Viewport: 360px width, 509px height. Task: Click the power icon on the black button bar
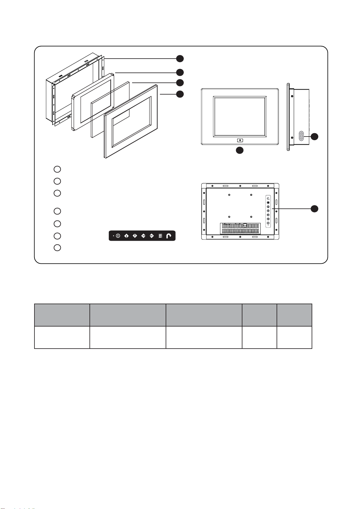point(118,236)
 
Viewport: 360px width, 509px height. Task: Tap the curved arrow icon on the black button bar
point(169,236)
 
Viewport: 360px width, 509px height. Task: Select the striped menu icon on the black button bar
point(160,236)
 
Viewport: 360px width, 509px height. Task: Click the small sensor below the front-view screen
point(240,140)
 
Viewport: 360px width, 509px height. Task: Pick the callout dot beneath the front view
point(240,150)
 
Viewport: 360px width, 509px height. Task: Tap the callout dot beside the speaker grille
point(315,137)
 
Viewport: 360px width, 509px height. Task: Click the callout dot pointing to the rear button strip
point(315,208)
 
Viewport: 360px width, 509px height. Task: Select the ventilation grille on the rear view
point(240,228)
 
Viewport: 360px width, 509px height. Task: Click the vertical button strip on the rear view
point(268,211)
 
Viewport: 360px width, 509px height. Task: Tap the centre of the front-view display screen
point(240,116)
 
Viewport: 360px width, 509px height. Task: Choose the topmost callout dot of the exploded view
point(180,59)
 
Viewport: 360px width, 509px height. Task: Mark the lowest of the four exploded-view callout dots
point(180,94)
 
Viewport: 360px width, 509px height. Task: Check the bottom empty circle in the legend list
point(57,248)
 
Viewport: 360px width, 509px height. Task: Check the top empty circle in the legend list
point(57,169)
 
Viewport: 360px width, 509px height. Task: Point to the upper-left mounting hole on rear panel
point(229,195)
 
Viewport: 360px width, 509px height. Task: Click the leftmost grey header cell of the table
point(62,315)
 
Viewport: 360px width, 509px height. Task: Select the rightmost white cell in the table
point(294,337)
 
